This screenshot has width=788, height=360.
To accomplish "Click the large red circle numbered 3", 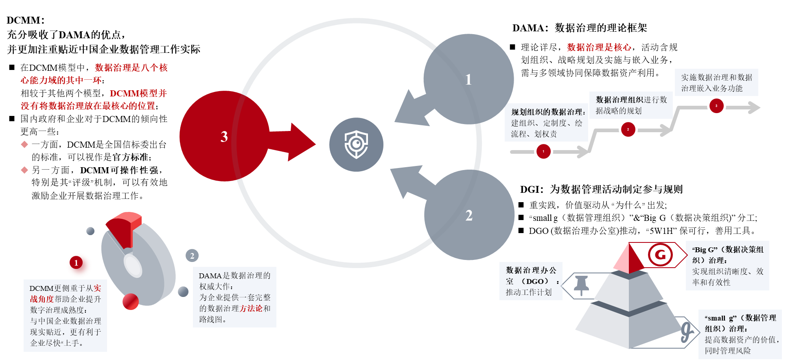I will click(x=224, y=136).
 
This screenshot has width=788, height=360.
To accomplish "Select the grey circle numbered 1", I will click(x=468, y=79).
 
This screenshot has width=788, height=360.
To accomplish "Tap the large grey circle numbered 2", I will click(x=469, y=215).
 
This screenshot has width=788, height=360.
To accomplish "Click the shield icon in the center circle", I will click(x=356, y=144).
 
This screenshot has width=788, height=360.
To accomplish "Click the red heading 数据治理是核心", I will click(x=599, y=47).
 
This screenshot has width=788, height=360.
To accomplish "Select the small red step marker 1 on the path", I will click(x=543, y=151).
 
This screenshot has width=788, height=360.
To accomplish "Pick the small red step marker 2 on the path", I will click(x=628, y=130).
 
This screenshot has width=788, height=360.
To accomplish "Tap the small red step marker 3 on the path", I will click(x=716, y=106).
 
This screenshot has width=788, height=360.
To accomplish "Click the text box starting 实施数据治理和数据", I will click(x=716, y=83).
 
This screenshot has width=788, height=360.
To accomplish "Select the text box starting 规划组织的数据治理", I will click(x=547, y=123).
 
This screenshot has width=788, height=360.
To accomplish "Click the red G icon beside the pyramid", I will click(x=660, y=255).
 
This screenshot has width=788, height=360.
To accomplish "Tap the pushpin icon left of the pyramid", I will click(x=581, y=285).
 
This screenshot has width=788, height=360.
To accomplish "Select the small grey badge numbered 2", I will click(x=192, y=255).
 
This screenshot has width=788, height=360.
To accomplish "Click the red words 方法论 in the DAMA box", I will click(x=251, y=308).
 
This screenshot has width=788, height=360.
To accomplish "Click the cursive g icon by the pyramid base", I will click(x=687, y=332).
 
